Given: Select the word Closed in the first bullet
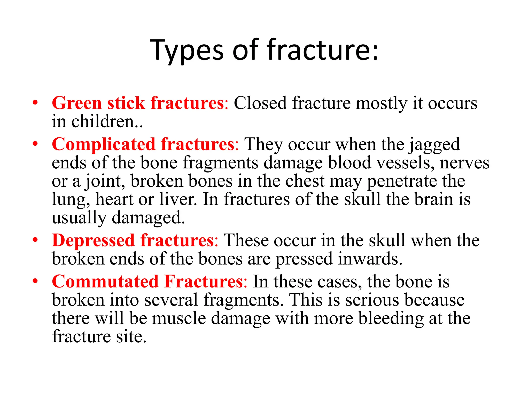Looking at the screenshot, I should [260, 103].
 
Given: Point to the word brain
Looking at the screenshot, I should [434, 199].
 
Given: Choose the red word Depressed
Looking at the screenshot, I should [93, 241].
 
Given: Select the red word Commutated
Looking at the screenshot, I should [105, 282].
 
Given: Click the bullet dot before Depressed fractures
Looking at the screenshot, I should [35, 240].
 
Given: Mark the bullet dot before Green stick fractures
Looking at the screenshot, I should [35, 103].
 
